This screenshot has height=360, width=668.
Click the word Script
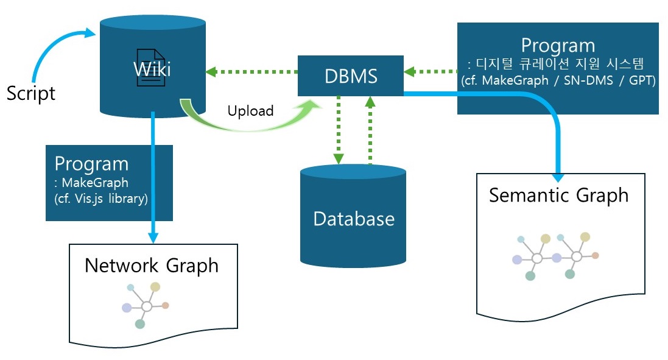tap(30, 93)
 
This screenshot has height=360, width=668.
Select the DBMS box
tap(350, 76)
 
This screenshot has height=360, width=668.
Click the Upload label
tap(250, 111)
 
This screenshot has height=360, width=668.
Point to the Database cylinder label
tap(353, 218)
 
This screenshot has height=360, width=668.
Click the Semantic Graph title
tap(558, 195)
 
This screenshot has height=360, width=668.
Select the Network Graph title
tap(151, 265)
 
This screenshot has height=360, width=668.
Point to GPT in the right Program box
tap(641, 80)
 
